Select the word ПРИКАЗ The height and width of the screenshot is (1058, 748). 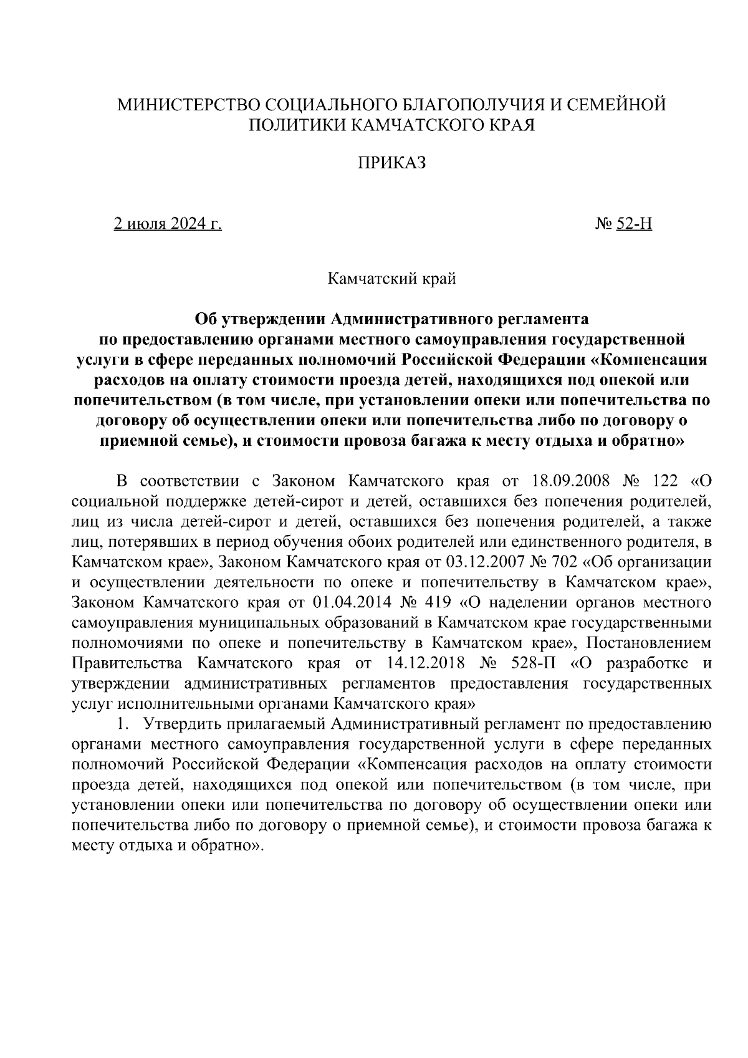[x=391, y=163]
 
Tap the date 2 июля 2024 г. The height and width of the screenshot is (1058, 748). [x=168, y=224]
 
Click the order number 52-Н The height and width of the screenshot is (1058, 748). [x=633, y=224]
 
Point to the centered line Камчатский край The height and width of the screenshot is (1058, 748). [x=392, y=278]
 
